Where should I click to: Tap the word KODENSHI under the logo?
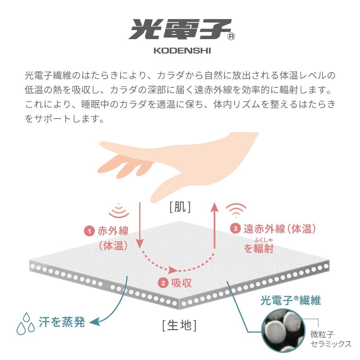click(180, 51)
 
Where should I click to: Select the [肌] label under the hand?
click(180, 207)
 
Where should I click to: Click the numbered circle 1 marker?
click(90, 231)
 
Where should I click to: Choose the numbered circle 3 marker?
click(235, 229)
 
